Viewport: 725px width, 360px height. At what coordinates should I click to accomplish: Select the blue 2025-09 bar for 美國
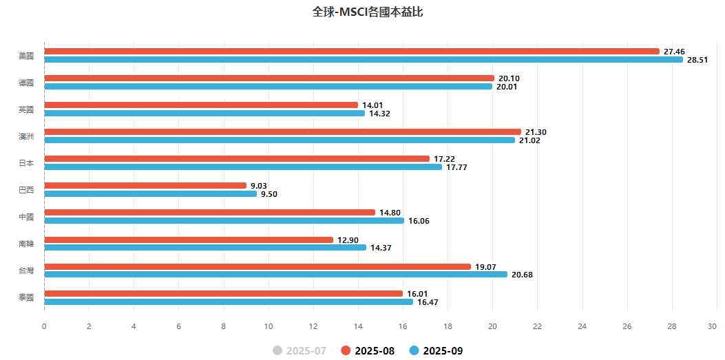(x=364, y=60)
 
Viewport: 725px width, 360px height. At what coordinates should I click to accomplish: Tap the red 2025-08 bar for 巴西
(x=145, y=186)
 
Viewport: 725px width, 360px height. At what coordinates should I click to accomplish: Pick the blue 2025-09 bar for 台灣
(x=275, y=274)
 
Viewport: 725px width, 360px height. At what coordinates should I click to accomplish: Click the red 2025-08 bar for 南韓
(x=189, y=240)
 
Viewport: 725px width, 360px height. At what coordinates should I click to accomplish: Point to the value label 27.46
(x=674, y=52)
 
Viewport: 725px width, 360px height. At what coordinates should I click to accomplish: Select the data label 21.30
(x=536, y=132)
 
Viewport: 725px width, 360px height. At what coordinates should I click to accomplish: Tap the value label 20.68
(x=522, y=275)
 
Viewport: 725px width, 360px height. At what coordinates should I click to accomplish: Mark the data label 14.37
(x=381, y=248)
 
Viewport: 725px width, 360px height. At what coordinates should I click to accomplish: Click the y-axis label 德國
(x=26, y=83)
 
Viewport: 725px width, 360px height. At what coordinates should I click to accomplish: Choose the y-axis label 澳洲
(x=26, y=136)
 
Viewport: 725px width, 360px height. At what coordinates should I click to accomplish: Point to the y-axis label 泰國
(x=26, y=297)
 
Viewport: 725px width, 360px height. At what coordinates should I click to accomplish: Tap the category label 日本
(x=26, y=163)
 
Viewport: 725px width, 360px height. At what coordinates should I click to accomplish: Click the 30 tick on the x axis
(x=717, y=326)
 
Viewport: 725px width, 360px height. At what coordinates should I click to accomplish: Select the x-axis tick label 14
(x=358, y=326)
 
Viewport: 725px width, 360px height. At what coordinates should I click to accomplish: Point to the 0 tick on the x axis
(x=44, y=326)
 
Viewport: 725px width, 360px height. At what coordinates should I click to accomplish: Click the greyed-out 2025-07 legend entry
(x=300, y=351)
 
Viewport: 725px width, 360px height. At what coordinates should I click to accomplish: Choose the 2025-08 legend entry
(x=368, y=351)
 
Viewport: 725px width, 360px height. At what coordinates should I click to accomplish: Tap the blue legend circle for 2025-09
(x=414, y=351)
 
